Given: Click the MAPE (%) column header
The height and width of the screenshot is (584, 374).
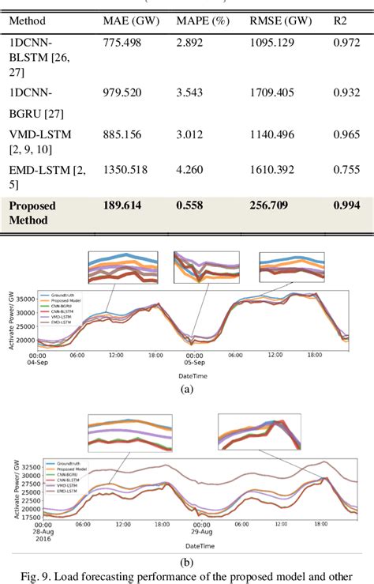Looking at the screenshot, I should [x=200, y=20].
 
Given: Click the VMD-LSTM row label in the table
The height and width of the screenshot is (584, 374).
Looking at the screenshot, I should [x=39, y=134].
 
